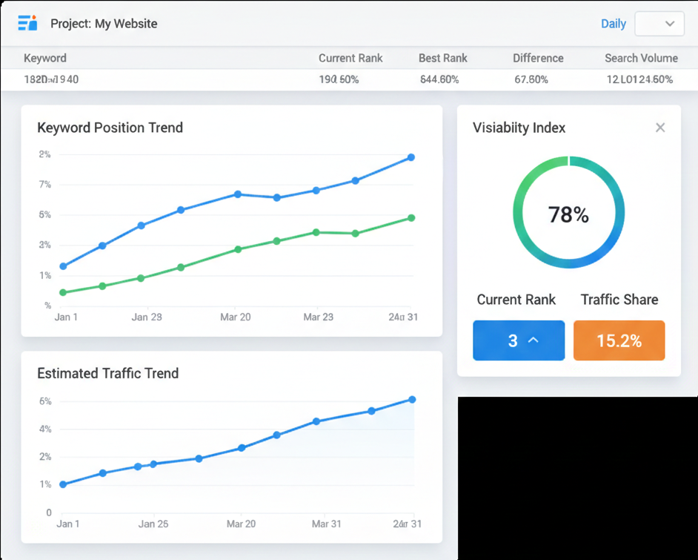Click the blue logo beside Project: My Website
click(x=27, y=23)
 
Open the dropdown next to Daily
click(x=659, y=24)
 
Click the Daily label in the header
click(x=613, y=24)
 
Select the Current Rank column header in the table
click(x=350, y=58)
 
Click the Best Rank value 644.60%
click(x=439, y=79)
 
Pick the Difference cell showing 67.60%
click(x=531, y=79)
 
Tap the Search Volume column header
click(x=641, y=58)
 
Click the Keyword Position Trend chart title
click(x=110, y=128)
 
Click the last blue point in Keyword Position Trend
click(x=411, y=157)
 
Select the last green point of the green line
click(x=411, y=218)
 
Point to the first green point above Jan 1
click(x=63, y=293)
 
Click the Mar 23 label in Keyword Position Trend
click(x=318, y=317)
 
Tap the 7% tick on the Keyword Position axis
click(x=45, y=185)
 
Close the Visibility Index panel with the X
click(x=660, y=128)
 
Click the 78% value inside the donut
click(x=568, y=215)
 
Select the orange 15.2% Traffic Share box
click(x=619, y=340)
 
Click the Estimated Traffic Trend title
click(x=107, y=373)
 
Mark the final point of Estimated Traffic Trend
click(x=412, y=400)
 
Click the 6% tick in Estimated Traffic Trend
click(x=45, y=401)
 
